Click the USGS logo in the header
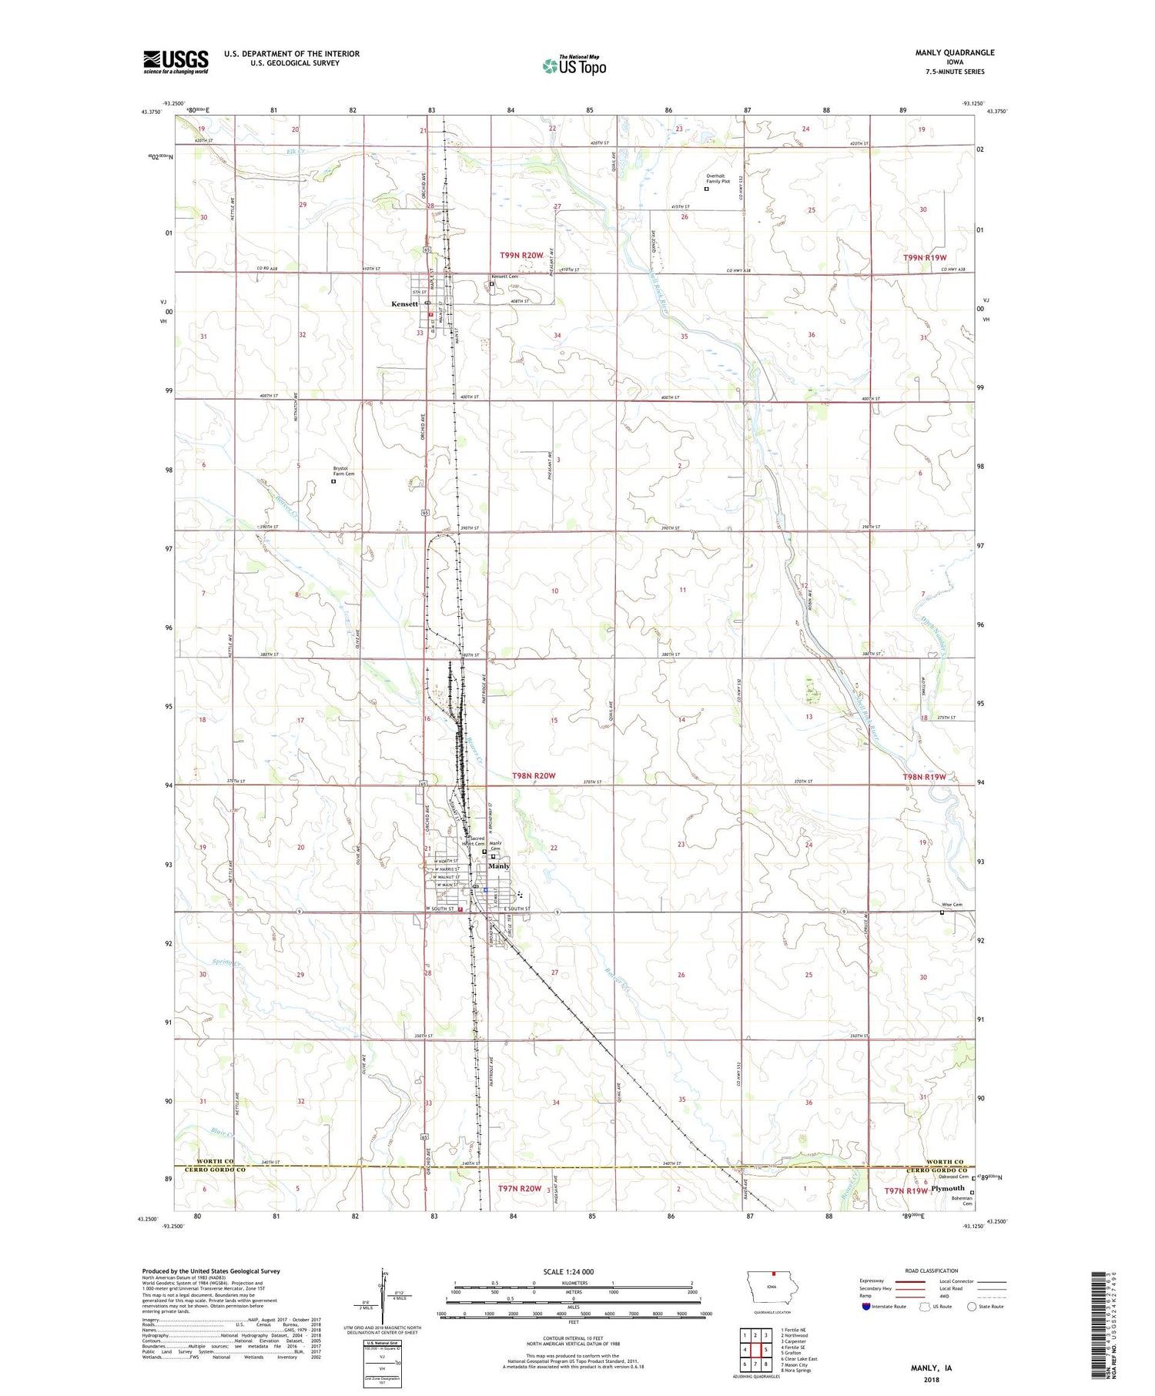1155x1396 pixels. pos(176,62)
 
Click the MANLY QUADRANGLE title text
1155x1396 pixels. pos(954,53)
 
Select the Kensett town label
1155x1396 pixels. pos(404,304)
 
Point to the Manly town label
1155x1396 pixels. pos(499,866)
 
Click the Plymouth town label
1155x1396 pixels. pos(947,1189)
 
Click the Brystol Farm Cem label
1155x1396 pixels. pos(343,470)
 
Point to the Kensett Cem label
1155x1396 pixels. pos(504,276)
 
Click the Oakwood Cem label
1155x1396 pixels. pos(952,1177)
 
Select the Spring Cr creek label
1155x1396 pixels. pos(227,962)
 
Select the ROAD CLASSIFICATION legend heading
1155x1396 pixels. pos(932,1270)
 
